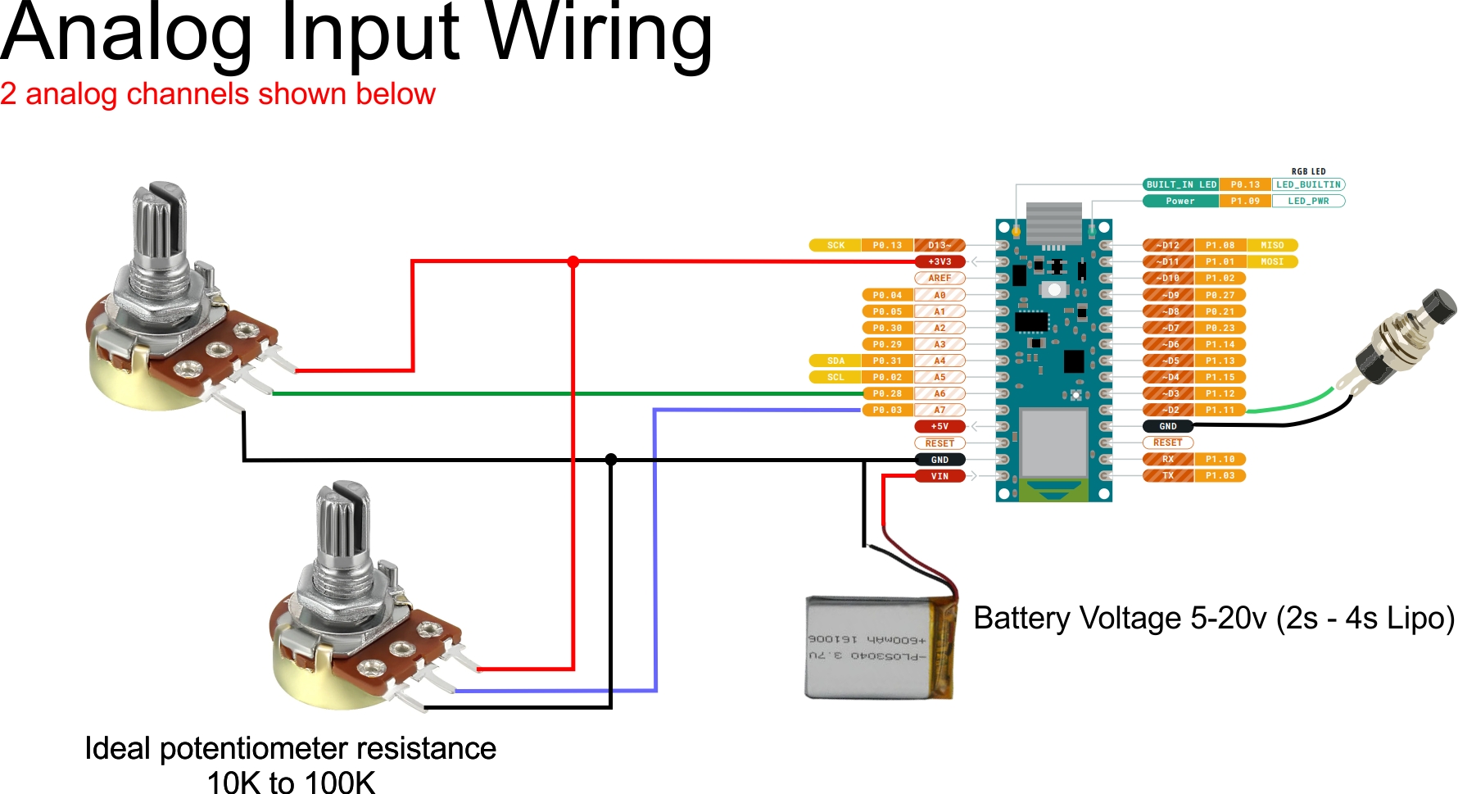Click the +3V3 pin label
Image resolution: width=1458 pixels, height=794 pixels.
click(940, 262)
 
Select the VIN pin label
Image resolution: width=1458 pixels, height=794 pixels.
click(940, 476)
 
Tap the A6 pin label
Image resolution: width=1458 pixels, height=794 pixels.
click(940, 393)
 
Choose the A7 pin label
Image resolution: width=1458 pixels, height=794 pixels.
click(940, 410)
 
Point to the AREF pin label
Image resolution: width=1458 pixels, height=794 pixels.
click(940, 279)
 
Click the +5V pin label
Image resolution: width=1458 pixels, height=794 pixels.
click(940, 426)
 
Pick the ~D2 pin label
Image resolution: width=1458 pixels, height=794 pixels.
click(1169, 410)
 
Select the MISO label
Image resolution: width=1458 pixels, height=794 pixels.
click(1272, 245)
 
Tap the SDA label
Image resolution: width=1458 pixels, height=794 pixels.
click(835, 361)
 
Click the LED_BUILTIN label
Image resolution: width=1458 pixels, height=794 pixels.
click(1308, 184)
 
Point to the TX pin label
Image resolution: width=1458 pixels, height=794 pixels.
click(1169, 475)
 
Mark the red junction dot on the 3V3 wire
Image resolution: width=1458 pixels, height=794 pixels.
click(573, 262)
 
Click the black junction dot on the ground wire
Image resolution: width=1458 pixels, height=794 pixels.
click(611, 460)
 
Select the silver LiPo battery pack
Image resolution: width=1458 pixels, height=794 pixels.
click(876, 647)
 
